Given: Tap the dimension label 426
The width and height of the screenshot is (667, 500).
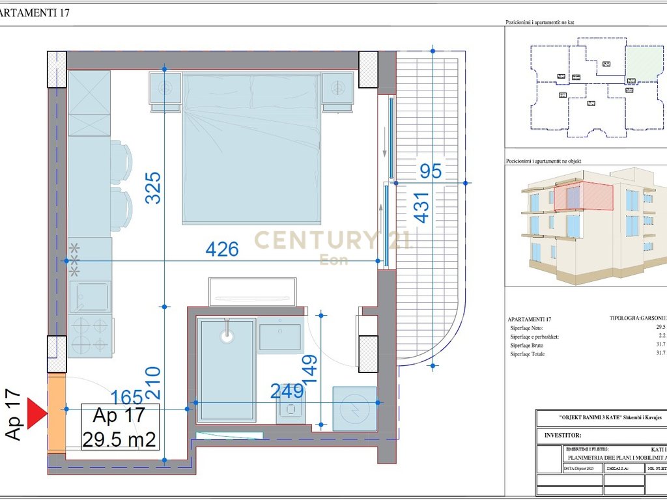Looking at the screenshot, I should (x=222, y=249).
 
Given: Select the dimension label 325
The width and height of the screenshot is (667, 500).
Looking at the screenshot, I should (x=153, y=187).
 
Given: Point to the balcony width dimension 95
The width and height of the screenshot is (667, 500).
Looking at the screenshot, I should (x=431, y=172).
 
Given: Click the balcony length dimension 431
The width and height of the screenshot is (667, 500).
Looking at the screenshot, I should (x=422, y=208).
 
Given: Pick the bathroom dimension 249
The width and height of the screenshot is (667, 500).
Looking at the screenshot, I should (x=288, y=391).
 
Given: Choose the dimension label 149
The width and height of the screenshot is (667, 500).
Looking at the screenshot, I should (x=309, y=370).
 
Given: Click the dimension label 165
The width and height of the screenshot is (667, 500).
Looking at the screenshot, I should (x=127, y=397).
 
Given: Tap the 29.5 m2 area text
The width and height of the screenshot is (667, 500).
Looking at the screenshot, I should (x=120, y=439).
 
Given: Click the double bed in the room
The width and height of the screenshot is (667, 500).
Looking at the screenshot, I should (x=253, y=148).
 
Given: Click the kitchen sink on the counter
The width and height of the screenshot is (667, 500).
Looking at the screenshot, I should (x=90, y=297).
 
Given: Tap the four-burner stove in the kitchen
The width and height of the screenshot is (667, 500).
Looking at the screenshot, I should (x=90, y=335).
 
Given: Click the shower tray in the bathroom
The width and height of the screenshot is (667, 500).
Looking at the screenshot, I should (x=227, y=369).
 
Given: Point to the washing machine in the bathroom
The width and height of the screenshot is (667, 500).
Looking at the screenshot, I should (x=354, y=409).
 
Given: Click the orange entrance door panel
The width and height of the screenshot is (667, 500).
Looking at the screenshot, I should (x=56, y=414).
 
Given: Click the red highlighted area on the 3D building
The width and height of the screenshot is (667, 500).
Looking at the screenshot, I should (x=584, y=197).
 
